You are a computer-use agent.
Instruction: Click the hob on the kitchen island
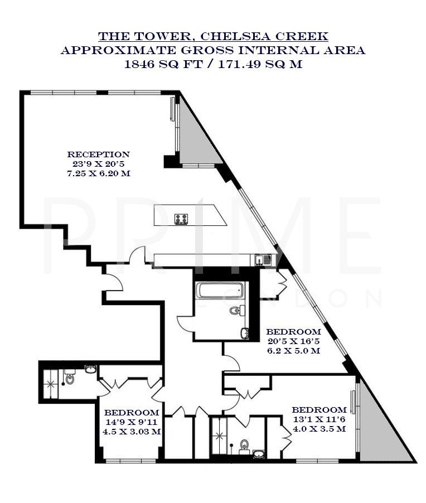pos(182,219)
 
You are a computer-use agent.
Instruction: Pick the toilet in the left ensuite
pos(70,378)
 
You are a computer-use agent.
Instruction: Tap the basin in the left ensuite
pos(90,369)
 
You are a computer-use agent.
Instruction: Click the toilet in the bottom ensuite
pos(244,445)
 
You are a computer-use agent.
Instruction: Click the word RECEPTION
pos(99,154)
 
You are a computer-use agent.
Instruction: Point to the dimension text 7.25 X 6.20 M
pos(99,174)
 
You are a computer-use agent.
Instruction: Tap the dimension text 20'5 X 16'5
pos(293,341)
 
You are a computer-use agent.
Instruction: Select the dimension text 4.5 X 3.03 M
pos(132,431)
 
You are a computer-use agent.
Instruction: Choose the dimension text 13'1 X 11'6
pos(319,419)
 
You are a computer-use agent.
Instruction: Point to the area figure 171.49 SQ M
pos(256,64)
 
